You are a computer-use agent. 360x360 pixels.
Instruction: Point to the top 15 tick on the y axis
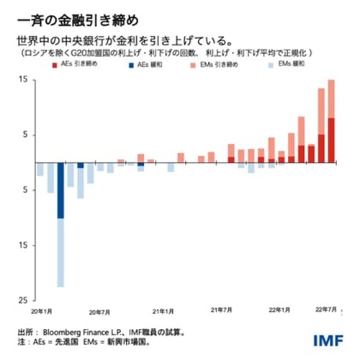tap(23, 79)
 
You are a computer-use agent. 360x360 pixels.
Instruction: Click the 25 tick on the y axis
tap(23, 300)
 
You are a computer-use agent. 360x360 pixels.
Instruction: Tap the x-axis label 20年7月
tap(100, 312)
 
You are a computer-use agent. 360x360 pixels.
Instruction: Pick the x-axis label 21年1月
tap(163, 312)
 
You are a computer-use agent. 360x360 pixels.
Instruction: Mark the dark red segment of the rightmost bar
tap(331, 140)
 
